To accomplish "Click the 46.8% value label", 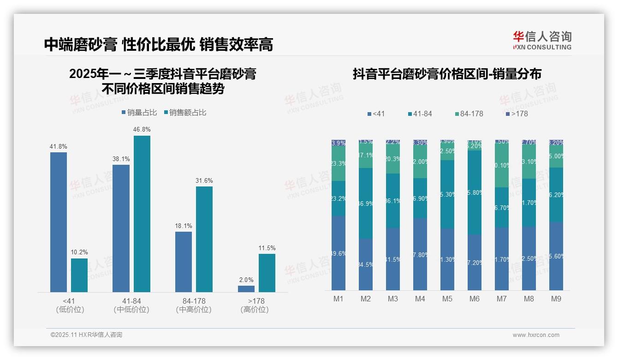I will (x=142, y=130).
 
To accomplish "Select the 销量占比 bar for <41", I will (x=59, y=222).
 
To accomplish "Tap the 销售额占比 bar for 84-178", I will (x=204, y=239).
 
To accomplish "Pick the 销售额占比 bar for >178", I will (x=267, y=273).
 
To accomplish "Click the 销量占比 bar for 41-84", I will (x=121, y=228).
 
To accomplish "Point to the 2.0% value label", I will (x=246, y=280).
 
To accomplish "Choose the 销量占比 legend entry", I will (x=139, y=113).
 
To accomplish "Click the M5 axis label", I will (x=447, y=299).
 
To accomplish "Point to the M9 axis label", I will (x=556, y=299).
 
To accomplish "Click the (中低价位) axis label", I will (x=131, y=310).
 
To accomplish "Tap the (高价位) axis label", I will (x=254, y=310).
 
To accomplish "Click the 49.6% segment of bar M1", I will (x=339, y=253).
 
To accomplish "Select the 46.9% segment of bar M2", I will (x=366, y=203).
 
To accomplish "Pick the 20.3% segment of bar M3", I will (x=393, y=159).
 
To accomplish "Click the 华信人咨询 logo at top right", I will (x=542, y=40).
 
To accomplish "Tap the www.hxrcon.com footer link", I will (x=536, y=335).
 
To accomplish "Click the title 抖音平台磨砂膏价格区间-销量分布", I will (x=447, y=74).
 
